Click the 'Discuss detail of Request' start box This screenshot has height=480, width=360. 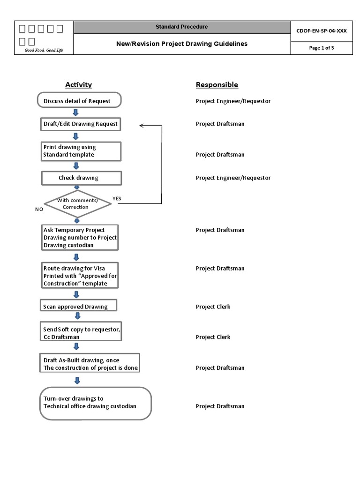79,100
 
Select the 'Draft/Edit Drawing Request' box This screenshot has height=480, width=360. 81,124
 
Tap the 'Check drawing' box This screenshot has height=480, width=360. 81,178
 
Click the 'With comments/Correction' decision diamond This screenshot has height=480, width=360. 78,203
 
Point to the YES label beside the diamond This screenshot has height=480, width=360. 117,198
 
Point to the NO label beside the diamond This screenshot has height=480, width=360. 39,209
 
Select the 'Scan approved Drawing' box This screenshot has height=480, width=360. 78,307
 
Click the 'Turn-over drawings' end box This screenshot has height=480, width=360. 95,403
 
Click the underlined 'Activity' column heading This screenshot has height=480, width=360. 78,85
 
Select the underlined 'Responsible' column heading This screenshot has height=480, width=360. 217,85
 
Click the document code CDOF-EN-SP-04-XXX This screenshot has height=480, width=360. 322,30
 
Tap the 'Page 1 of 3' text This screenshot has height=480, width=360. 322,48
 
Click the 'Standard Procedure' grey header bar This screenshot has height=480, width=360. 182,27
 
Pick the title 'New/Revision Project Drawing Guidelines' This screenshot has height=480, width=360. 182,44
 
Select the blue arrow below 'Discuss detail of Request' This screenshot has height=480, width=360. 76,112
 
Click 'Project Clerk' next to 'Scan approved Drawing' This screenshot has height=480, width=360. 213,307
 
